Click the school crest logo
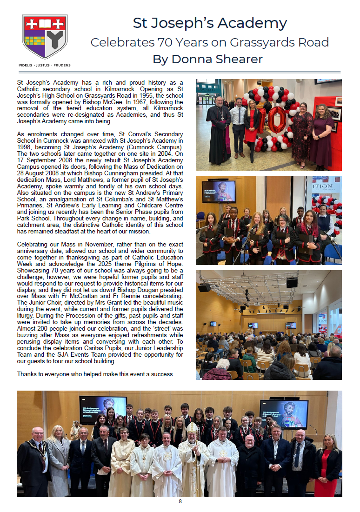click(x=45, y=37)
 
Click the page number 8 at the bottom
click(x=180, y=501)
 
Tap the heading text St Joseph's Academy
click(x=210, y=23)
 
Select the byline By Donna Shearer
click(x=207, y=60)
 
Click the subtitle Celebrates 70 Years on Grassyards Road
click(x=209, y=42)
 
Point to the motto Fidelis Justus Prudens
click(x=45, y=66)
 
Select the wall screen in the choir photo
click(x=218, y=191)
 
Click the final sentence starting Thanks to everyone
click(x=95, y=374)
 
